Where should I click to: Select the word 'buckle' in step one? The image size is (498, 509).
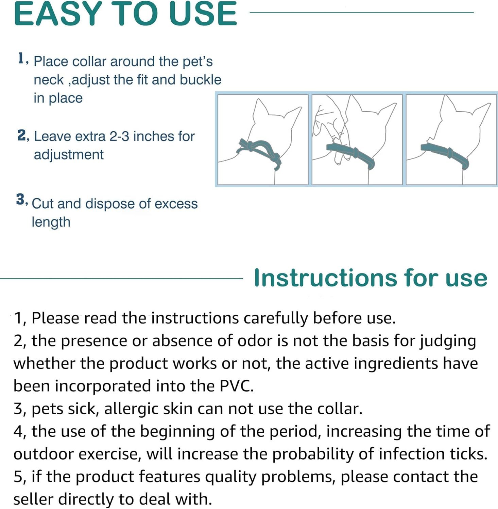(200, 80)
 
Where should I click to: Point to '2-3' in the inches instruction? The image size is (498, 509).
(119, 136)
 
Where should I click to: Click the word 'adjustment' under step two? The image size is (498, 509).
(68, 155)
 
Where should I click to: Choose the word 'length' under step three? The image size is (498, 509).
(51, 222)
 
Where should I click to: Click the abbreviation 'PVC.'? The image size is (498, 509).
(237, 386)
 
